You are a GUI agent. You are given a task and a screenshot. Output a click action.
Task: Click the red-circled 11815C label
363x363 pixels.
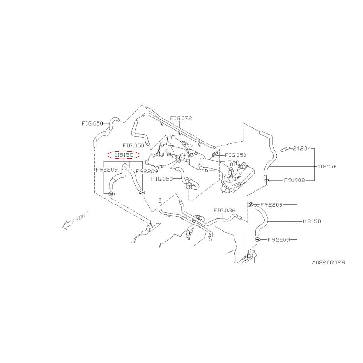point(124,155)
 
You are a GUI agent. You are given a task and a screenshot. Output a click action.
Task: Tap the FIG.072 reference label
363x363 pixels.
point(181,118)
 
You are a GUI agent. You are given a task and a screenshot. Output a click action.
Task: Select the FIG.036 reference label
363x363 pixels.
point(224,210)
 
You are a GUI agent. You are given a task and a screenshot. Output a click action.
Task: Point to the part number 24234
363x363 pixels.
point(302,148)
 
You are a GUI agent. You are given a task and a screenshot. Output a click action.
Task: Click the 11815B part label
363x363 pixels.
point(327,166)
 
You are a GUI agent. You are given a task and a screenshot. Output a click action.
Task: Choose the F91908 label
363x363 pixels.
point(294,180)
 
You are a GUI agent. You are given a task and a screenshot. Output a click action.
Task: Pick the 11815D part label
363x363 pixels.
point(312,221)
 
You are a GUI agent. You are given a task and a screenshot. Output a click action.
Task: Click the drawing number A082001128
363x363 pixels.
point(329,262)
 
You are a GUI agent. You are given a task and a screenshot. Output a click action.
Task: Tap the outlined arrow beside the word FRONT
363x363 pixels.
point(67,225)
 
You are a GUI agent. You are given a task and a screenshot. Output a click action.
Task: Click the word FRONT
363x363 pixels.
point(80,218)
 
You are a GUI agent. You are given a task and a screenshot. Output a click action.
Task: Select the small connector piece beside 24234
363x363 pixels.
point(285,149)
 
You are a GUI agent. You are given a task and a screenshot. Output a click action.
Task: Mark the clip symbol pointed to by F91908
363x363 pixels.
point(266,180)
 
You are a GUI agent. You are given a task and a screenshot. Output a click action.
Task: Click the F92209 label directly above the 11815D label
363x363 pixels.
point(271,205)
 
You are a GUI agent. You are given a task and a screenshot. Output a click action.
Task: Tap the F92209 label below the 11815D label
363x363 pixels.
point(279,240)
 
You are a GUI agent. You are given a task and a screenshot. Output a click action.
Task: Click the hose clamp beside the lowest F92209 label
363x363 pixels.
point(257,240)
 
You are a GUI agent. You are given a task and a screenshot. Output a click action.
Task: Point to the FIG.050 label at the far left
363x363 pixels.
point(92,123)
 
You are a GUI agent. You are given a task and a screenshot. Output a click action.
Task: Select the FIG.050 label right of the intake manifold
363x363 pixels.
point(236,155)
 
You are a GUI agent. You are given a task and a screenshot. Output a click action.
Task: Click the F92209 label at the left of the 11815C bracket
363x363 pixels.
point(107,170)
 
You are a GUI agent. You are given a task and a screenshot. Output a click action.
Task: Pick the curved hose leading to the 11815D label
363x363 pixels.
point(262,220)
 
